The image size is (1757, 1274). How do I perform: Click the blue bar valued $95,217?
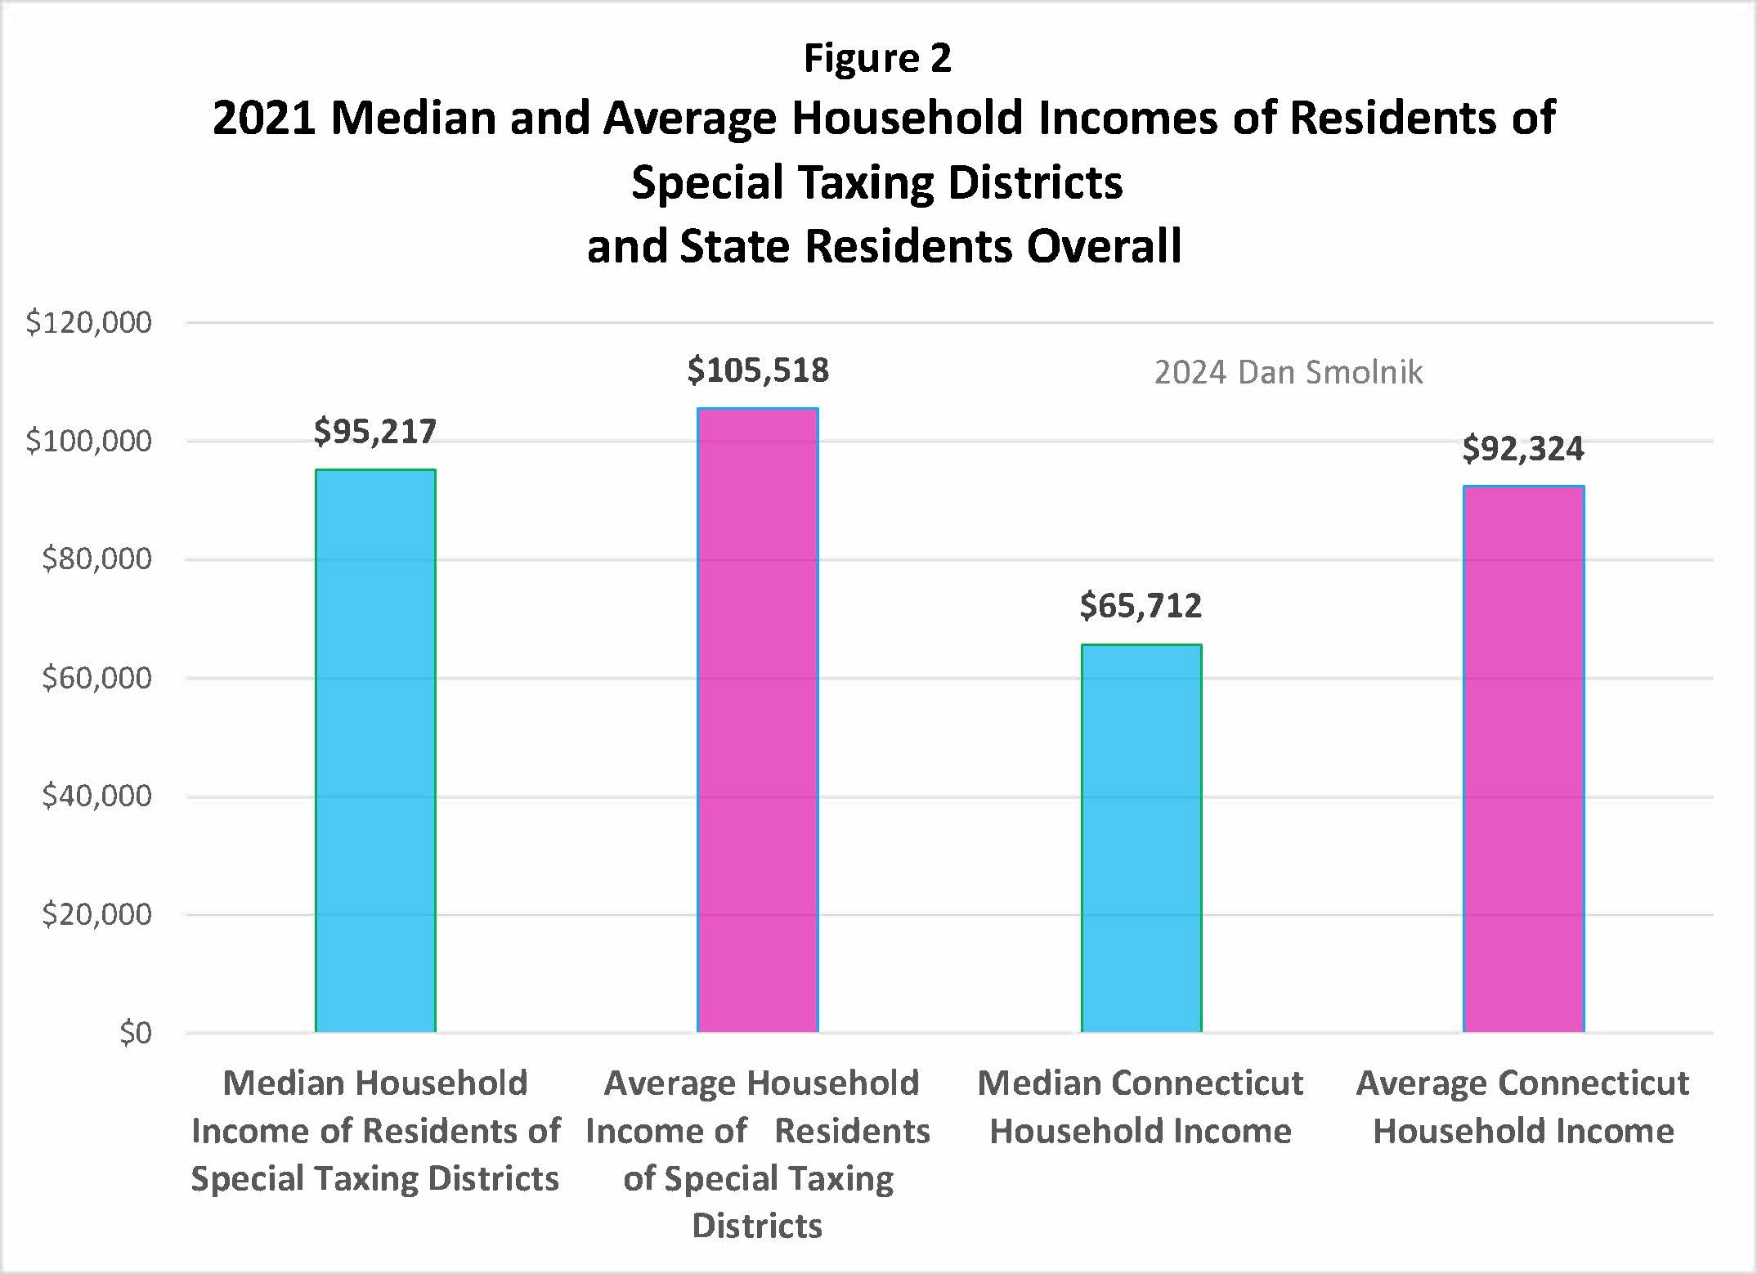coord(375,751)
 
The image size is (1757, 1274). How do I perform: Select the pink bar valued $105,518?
coord(757,720)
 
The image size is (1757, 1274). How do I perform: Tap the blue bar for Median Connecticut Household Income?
coord(1141,838)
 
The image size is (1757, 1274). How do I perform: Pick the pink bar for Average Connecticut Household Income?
coord(1523,759)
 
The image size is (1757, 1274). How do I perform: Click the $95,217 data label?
coord(375,432)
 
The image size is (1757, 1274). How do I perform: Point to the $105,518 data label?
coord(757,370)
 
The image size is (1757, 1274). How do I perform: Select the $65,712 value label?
coord(1141,606)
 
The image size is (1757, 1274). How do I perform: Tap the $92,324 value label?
coord(1522,449)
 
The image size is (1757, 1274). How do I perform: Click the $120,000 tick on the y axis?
coord(88,323)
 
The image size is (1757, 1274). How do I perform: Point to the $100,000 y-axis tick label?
coord(88,442)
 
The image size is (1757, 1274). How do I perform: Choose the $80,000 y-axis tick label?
coord(96,559)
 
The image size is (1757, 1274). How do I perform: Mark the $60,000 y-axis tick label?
coord(96,678)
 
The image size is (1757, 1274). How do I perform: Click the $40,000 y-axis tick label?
coord(96,796)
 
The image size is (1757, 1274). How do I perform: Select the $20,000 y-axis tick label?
coord(96,914)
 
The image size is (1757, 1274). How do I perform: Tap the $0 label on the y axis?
coord(135,1034)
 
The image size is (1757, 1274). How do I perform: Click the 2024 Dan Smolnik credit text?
coord(1288,373)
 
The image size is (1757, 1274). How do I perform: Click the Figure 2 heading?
coord(877,58)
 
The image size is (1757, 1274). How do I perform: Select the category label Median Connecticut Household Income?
coord(1141,1107)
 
